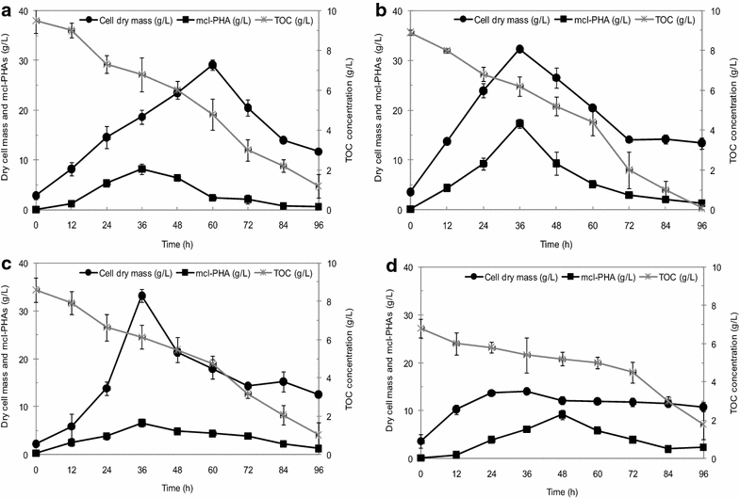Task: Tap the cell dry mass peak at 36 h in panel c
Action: [x=141, y=296]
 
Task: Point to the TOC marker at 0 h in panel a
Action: [x=36, y=21]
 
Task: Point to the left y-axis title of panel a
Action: [x=8, y=113]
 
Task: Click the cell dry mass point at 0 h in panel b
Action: [x=409, y=192]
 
